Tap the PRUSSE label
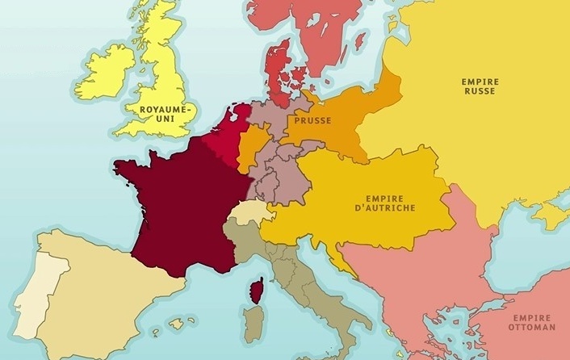click(x=311, y=120)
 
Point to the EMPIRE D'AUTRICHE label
click(x=390, y=203)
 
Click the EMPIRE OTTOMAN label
click(x=531, y=323)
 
